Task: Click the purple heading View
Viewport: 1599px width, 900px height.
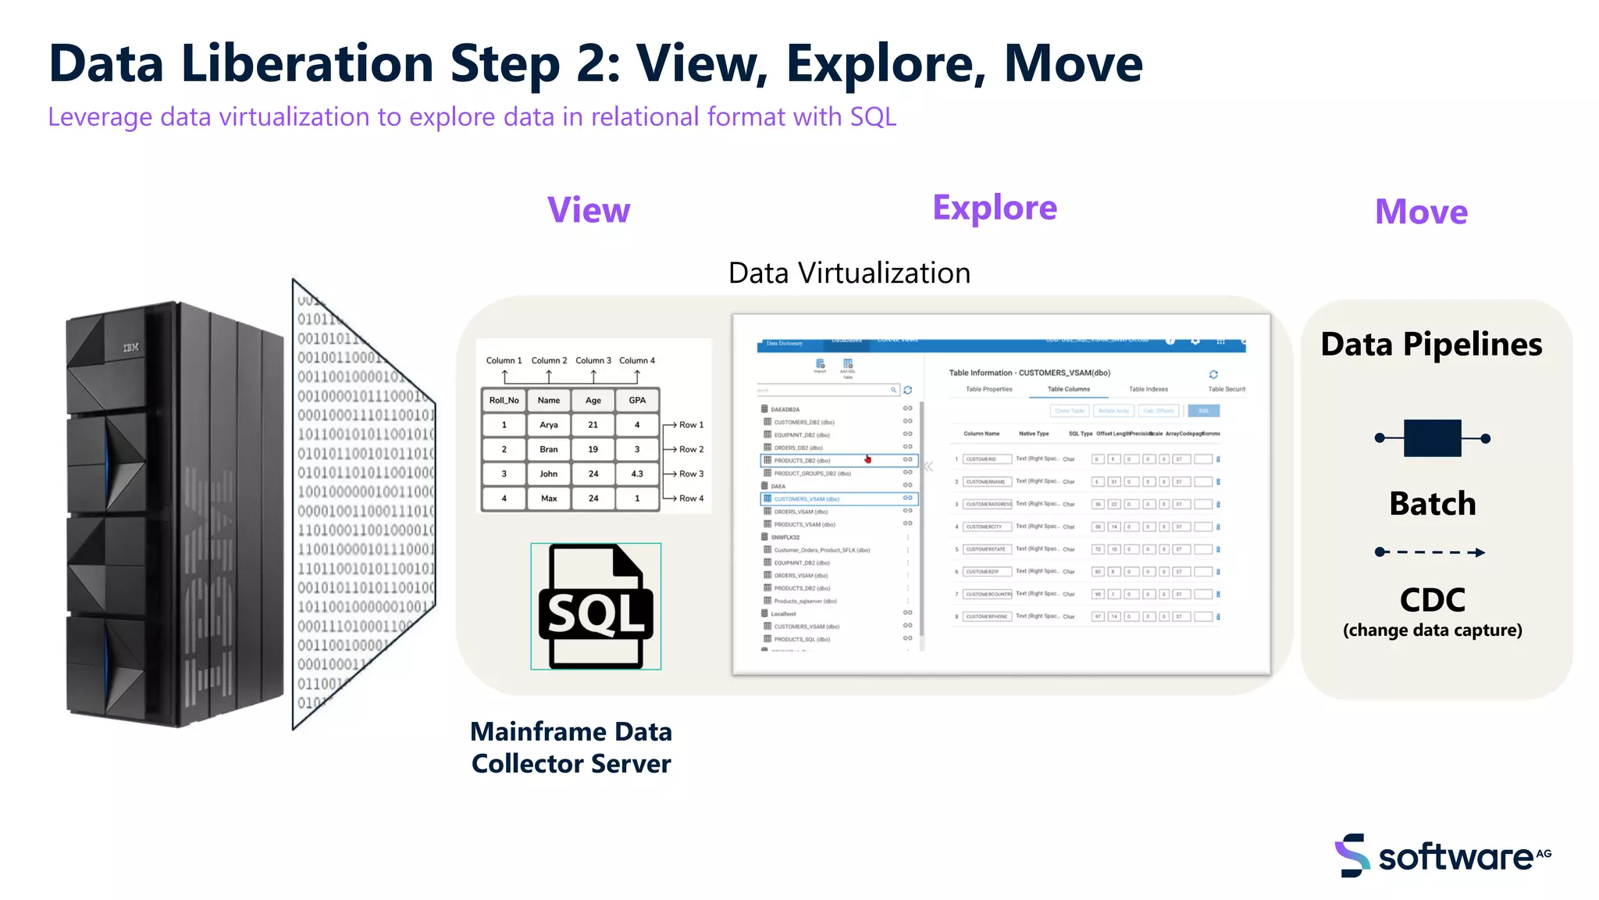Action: pos(589,210)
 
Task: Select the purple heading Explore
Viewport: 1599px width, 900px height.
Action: pos(994,208)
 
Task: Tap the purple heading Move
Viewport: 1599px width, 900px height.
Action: pos(1421,212)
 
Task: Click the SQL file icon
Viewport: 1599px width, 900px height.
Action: pos(596,606)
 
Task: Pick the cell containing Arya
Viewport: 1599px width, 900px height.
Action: pos(548,425)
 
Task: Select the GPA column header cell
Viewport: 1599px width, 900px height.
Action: pos(637,400)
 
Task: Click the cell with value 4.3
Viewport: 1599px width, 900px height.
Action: pos(637,473)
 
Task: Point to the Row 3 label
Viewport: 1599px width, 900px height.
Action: pos(690,473)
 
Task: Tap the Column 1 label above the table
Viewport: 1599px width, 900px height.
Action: pos(504,361)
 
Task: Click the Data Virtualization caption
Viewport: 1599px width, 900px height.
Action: pos(849,273)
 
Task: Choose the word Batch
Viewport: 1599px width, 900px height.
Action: pos(1432,504)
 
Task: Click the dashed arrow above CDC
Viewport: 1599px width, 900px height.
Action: pos(1430,552)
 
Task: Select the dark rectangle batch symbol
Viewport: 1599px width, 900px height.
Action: pos(1432,438)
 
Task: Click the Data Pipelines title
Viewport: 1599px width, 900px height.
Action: pos(1431,345)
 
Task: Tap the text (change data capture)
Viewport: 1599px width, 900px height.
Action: pos(1432,630)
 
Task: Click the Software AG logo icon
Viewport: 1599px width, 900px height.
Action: pos(1352,855)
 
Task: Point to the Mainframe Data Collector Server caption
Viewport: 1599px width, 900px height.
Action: pos(571,748)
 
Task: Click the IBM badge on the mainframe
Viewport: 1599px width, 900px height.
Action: pos(131,347)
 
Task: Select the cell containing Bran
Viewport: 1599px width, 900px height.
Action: pos(548,449)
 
